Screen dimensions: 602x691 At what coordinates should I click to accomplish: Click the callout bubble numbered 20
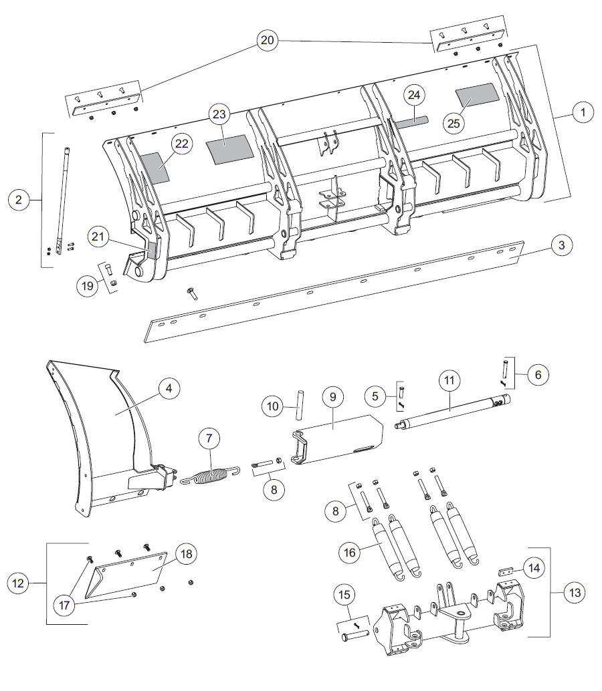point(268,40)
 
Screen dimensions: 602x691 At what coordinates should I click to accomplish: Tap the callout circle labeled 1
point(583,112)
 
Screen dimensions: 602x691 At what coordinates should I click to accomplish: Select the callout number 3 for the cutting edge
point(561,245)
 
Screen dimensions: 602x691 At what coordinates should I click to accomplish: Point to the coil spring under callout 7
point(211,476)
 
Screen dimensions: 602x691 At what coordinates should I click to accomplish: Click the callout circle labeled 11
point(449,380)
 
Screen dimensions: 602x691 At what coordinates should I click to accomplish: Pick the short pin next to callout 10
point(300,405)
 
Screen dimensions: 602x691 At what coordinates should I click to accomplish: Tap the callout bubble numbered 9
point(332,396)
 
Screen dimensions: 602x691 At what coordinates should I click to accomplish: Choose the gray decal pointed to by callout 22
point(155,168)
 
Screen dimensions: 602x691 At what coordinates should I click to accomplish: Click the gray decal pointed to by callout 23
point(230,150)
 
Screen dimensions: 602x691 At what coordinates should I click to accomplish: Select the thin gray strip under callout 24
point(411,122)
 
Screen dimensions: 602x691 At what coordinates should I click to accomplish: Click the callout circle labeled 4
point(169,388)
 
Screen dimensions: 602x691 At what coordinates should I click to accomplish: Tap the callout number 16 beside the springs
point(349,552)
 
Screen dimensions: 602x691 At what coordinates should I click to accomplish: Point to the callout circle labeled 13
point(575,593)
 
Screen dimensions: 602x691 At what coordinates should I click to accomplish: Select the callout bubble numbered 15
point(344,595)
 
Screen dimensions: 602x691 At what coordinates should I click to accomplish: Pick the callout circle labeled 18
point(186,554)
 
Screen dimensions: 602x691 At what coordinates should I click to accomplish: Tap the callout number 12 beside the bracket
point(18,583)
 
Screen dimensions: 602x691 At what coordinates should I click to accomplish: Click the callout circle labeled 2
point(19,200)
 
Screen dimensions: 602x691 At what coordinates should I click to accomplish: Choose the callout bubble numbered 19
point(88,285)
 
